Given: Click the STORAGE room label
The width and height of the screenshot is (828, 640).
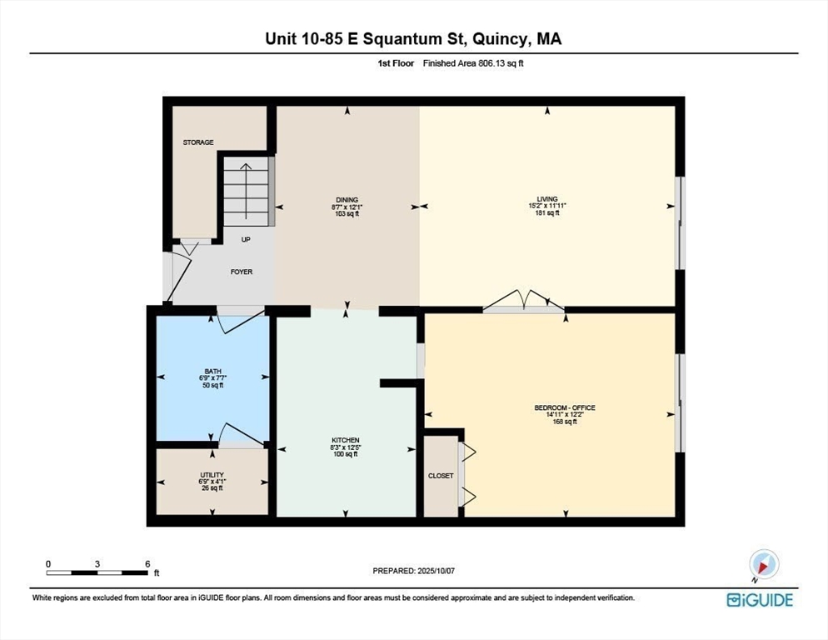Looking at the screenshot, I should [198, 142].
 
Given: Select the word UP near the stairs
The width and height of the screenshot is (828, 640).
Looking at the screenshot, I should [246, 239].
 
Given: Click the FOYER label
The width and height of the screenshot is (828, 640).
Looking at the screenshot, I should [242, 272].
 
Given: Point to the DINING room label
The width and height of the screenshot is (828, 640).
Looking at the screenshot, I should [347, 200].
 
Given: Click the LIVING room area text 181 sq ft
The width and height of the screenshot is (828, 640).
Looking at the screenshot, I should [547, 212].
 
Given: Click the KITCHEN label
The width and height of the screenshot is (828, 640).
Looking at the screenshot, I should [346, 440].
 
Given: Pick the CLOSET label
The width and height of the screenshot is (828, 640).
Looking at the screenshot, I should [441, 476].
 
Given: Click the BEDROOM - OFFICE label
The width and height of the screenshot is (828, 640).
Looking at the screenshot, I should [565, 407].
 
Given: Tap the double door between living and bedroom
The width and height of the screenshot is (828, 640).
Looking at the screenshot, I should [524, 302].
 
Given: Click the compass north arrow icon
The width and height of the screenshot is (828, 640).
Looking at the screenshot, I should [763, 565].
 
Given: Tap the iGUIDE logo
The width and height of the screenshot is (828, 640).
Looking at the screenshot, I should [760, 600].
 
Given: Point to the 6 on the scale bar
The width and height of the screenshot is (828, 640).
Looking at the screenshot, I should [147, 564].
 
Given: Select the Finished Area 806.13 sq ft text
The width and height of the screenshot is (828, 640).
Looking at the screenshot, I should [473, 63].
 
